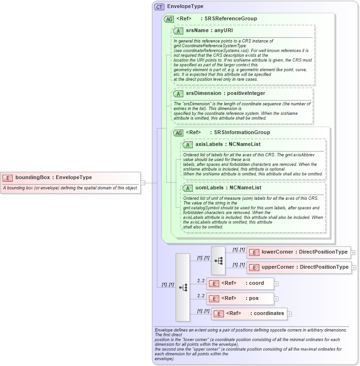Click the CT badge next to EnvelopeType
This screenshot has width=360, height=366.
(x=159, y=7)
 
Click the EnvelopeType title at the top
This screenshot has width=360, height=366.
(x=185, y=7)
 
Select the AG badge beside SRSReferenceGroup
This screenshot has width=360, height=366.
(x=169, y=19)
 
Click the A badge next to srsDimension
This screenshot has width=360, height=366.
(x=178, y=94)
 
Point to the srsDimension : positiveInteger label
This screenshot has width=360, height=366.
(x=219, y=94)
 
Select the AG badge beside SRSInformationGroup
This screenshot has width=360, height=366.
(x=178, y=133)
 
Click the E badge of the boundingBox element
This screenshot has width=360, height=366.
(x=8, y=178)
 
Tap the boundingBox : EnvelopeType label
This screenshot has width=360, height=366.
(x=53, y=178)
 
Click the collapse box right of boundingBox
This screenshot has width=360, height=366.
(x=143, y=183)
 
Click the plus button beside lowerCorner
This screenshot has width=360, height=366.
(x=353, y=253)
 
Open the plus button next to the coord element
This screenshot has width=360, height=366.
(x=276, y=284)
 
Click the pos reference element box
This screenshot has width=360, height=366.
(x=240, y=298)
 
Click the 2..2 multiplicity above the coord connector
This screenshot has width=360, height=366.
(x=201, y=281)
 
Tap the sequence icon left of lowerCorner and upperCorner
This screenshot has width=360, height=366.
(x=218, y=260)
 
